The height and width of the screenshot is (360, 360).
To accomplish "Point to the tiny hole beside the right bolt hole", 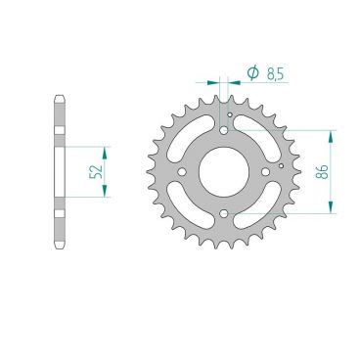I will pos(282,166).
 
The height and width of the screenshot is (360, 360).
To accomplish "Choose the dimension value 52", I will pos(94,170).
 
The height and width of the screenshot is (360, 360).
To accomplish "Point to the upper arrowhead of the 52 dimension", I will pos(107,149).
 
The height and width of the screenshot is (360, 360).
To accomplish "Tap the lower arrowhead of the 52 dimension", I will pos(107,193).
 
